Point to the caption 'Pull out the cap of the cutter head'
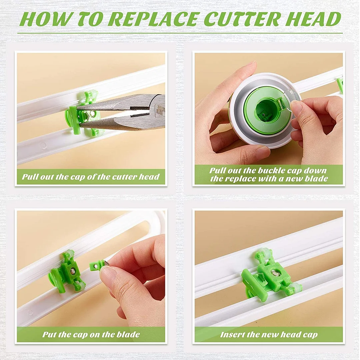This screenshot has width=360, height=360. click(x=91, y=177)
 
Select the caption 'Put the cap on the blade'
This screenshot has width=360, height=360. click(x=91, y=334)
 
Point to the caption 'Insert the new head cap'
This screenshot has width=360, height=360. click(x=269, y=335)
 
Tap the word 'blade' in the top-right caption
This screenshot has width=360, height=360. click(x=316, y=179)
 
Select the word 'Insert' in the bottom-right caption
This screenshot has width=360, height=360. click(x=232, y=335)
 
